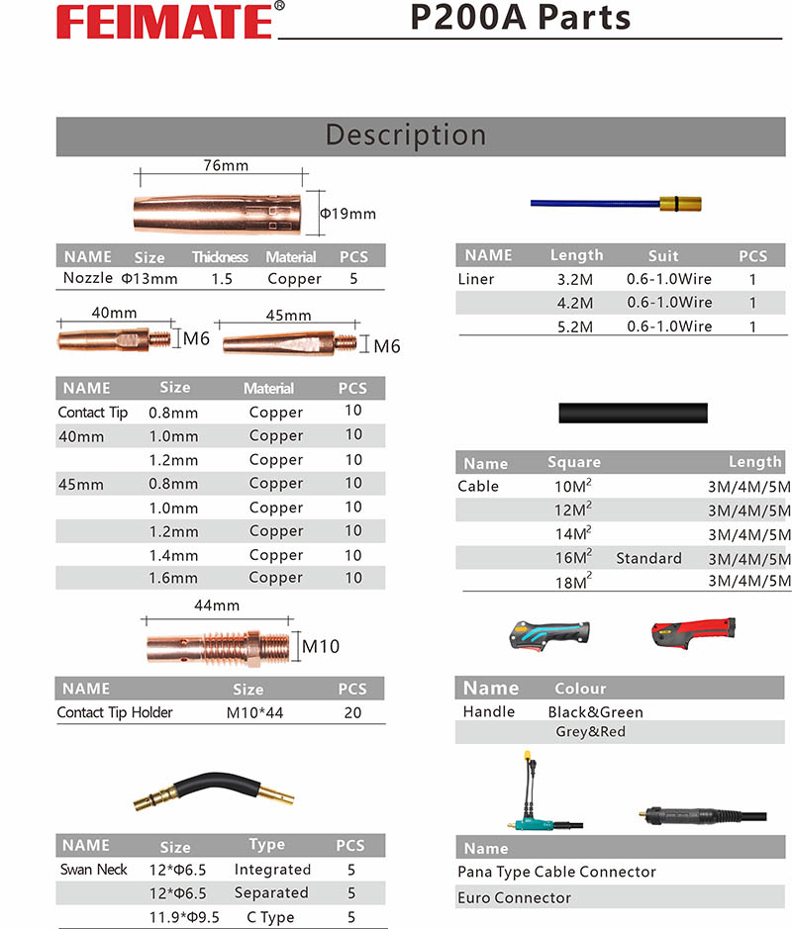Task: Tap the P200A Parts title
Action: click(521, 17)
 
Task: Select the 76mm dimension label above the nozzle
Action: click(226, 165)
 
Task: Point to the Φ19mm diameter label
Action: click(347, 214)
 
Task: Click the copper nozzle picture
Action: click(217, 214)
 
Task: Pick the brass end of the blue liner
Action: click(680, 204)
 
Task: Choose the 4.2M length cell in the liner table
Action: click(575, 304)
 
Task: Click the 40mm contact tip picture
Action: click(114, 340)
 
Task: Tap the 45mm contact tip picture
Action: click(290, 343)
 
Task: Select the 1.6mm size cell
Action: click(173, 578)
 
